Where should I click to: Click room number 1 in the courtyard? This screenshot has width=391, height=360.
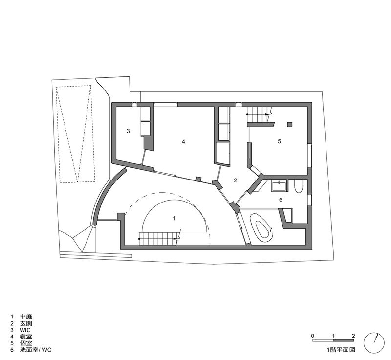(x=174, y=218)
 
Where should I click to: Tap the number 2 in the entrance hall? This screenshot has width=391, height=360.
(x=236, y=180)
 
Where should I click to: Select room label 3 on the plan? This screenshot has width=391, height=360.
(x=128, y=131)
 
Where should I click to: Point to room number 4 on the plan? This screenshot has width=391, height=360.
(x=184, y=142)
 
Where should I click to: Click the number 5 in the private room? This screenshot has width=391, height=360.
(x=279, y=141)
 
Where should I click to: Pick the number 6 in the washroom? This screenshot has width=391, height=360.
(x=281, y=200)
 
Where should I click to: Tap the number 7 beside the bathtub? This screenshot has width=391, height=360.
(x=271, y=229)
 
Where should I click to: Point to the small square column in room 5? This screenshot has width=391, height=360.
(x=289, y=125)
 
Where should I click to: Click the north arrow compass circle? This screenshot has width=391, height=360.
(x=374, y=343)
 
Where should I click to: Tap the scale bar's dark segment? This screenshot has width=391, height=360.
(x=344, y=340)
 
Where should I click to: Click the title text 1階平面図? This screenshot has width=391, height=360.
(x=341, y=350)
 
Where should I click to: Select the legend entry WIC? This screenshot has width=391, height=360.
(x=25, y=330)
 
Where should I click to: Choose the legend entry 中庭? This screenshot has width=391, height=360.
(x=26, y=317)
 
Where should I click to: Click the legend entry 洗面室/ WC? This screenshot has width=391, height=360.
(x=36, y=350)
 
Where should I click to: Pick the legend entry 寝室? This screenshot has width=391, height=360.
(x=26, y=337)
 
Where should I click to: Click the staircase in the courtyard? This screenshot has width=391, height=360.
(x=160, y=239)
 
